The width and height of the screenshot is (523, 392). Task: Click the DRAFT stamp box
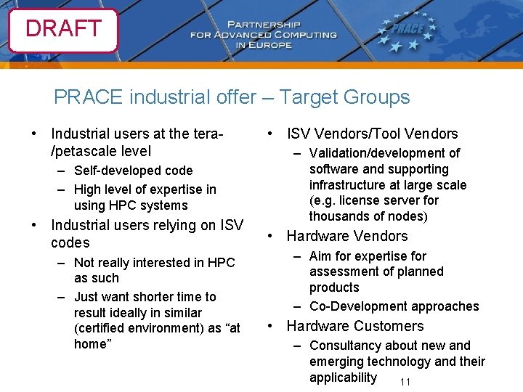(63, 29)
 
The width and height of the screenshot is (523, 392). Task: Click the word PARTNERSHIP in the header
(276, 23)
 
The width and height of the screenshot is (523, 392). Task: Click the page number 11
(405, 383)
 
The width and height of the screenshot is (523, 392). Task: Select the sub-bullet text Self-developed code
(133, 171)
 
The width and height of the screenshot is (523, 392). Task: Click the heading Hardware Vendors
(347, 236)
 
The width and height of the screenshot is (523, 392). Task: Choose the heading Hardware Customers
(355, 326)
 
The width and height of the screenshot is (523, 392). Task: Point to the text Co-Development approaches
(394, 306)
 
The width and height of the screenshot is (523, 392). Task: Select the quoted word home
(91, 344)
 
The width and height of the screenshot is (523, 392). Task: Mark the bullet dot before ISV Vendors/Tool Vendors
(269, 134)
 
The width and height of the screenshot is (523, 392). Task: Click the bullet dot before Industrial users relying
(33, 225)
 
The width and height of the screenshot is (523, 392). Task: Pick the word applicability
(343, 377)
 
